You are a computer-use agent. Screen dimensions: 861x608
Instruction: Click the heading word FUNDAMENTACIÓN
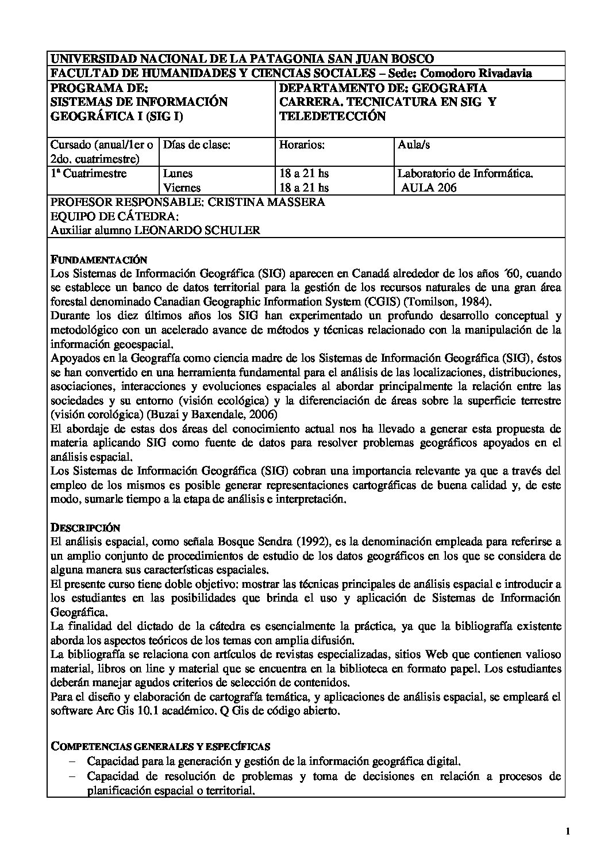point(98,259)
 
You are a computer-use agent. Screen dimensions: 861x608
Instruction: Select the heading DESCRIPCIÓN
point(86,527)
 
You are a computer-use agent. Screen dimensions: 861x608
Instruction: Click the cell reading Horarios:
point(302,145)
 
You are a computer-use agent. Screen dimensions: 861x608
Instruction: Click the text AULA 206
point(429,187)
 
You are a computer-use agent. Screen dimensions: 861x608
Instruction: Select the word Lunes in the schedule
point(178,173)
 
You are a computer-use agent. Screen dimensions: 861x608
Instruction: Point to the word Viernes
point(182,187)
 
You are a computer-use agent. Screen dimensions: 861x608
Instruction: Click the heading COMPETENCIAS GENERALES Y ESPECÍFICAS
point(161,747)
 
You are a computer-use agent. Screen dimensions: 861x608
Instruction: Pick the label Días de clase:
point(197,145)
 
